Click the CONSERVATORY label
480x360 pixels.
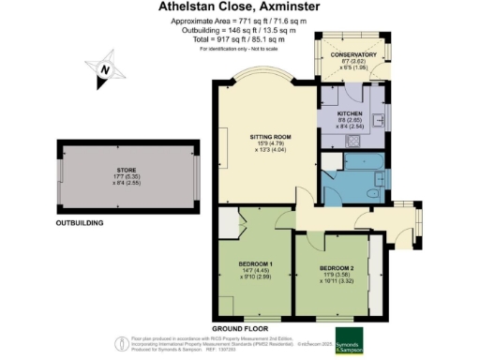(x=354, y=55)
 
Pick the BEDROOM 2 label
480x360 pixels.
(x=334, y=268)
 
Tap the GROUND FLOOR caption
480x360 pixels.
(x=240, y=329)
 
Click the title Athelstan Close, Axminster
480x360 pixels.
(x=240, y=8)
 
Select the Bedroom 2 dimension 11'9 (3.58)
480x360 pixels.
(x=334, y=276)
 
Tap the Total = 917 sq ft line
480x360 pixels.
(x=240, y=40)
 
